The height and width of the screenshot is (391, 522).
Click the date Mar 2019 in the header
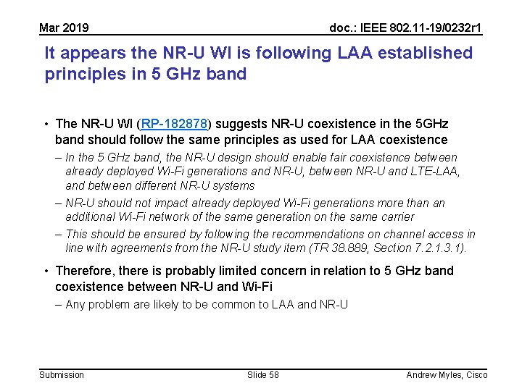[x=64, y=28]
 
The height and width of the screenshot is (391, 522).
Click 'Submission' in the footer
[x=62, y=374]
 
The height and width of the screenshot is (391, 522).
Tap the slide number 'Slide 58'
[x=262, y=374]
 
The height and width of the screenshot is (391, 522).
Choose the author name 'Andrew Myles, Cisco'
[x=447, y=374]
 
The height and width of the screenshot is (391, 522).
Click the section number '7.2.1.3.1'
[x=437, y=248]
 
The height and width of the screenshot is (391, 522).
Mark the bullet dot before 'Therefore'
[x=45, y=271]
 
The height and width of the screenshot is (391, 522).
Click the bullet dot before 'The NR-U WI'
[x=45, y=124]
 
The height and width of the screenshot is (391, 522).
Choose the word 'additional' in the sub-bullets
[x=90, y=216]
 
